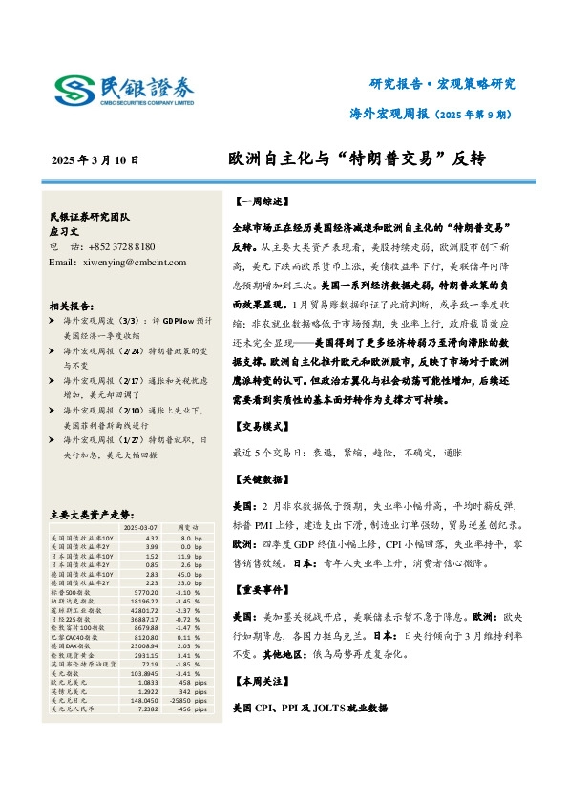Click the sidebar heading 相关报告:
72,306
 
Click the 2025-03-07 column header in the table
140,526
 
